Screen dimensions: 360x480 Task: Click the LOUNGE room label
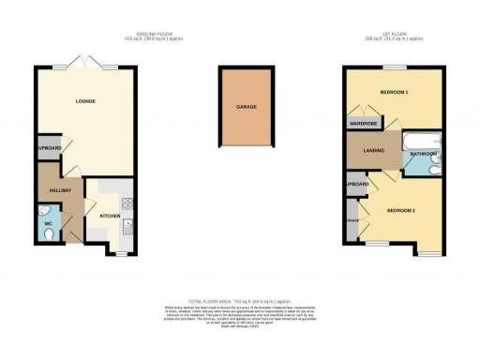[85, 100]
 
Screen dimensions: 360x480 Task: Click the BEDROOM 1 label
[393, 93]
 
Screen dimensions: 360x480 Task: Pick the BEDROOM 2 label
[400, 209]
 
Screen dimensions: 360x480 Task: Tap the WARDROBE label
[363, 123]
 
